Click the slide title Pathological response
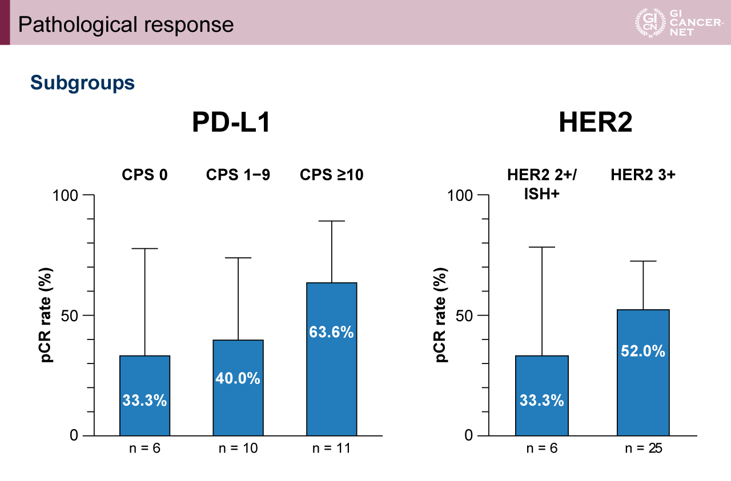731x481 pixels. point(126,25)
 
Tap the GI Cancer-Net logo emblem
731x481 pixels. point(650,23)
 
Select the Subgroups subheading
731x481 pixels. point(82,83)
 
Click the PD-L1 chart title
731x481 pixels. point(231,123)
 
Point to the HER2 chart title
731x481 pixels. point(596,123)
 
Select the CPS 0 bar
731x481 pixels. point(144,395)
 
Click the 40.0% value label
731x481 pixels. point(238,378)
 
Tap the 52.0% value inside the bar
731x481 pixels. point(643,351)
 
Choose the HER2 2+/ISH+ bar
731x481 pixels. point(541,395)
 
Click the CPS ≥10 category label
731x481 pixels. point(331,175)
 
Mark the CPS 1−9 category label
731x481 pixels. point(238,175)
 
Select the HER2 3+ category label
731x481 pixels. point(642,175)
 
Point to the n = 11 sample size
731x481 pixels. point(331,448)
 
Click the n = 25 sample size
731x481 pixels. point(643,448)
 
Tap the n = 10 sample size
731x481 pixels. point(238,448)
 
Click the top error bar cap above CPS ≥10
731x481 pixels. point(331,221)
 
